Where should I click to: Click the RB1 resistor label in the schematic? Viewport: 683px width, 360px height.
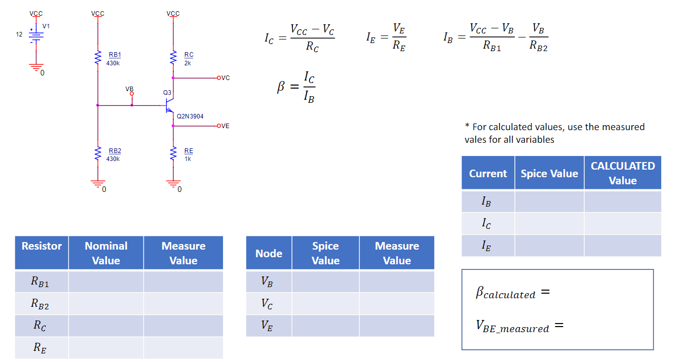point(115,55)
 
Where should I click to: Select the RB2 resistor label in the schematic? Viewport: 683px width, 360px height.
point(115,151)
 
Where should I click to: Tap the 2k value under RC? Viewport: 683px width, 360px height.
point(187,63)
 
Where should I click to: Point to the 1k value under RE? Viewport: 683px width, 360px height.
point(187,159)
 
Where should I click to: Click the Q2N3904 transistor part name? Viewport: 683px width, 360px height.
point(190,116)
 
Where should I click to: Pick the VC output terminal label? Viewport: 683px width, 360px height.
point(225,78)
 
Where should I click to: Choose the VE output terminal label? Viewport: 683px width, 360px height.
point(225,126)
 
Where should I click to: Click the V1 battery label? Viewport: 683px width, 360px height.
point(46,26)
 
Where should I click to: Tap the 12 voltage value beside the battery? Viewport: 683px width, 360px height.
point(19,34)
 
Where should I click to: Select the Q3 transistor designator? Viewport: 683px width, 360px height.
point(167,93)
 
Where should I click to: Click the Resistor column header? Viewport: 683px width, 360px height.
point(42,246)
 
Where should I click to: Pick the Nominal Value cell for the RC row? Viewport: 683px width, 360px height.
point(106,326)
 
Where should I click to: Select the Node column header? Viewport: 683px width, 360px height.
point(269,253)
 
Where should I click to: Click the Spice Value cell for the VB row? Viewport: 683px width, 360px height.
point(325,282)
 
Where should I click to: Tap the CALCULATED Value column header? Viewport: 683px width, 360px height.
point(622,173)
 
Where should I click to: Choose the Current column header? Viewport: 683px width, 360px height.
point(488,174)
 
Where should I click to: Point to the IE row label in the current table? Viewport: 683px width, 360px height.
point(486,246)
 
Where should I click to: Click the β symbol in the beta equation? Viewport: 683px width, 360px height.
point(281,87)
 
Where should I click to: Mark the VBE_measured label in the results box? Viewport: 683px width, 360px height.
point(512,327)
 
